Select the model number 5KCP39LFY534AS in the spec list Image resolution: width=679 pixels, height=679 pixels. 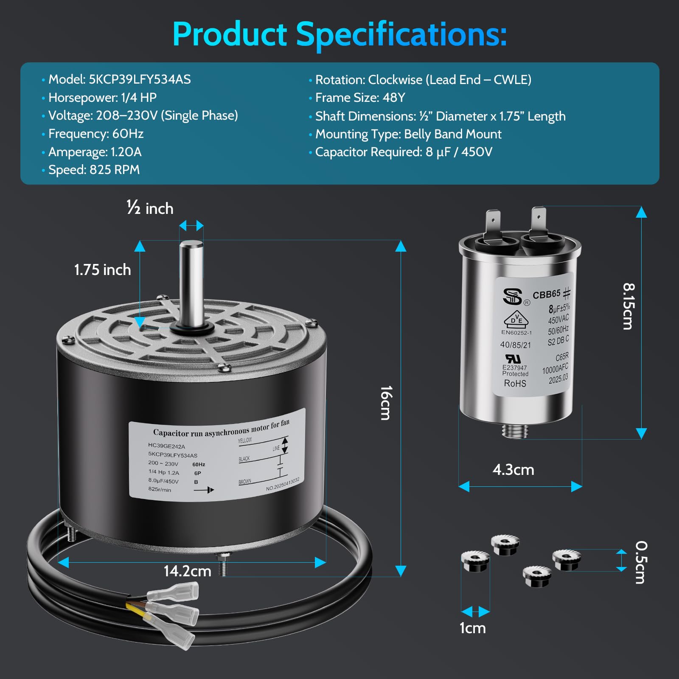(140, 79)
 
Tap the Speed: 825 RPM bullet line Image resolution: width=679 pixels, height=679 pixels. (94, 170)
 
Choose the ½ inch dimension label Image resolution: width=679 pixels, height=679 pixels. (150, 208)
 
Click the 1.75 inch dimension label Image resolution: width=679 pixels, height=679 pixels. (102, 269)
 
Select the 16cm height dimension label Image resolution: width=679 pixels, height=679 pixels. (386, 403)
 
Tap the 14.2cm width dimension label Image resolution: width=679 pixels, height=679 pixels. (187, 571)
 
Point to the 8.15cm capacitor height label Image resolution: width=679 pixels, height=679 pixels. (628, 306)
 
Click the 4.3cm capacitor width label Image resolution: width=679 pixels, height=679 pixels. (513, 470)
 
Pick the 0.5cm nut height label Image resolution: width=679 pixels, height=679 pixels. (641, 562)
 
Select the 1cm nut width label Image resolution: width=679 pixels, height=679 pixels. (473, 628)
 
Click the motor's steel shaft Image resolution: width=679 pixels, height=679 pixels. (191, 284)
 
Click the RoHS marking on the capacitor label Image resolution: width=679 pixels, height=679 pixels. (515, 384)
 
